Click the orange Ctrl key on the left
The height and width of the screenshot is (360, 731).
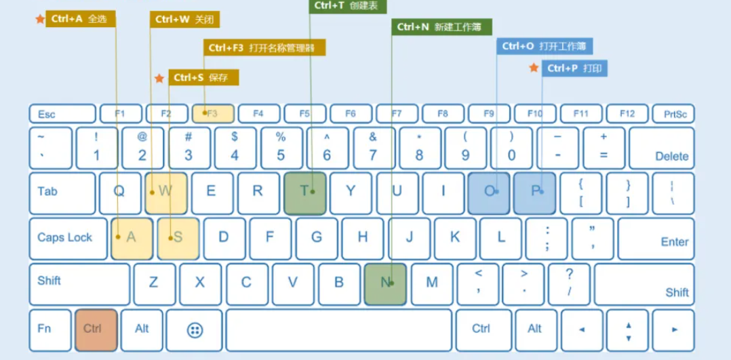click(96, 329)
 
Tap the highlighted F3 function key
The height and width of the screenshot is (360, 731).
click(213, 113)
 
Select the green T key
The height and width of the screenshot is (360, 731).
click(304, 193)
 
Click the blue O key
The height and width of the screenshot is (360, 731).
click(488, 193)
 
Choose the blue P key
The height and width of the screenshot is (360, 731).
click(534, 193)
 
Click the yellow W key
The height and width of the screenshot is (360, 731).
click(165, 193)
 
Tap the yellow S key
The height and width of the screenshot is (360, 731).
click(178, 238)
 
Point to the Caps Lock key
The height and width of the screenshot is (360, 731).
click(67, 238)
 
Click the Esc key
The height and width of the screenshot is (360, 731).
click(62, 114)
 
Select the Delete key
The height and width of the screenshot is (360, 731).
click(661, 148)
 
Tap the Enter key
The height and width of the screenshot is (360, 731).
click(656, 238)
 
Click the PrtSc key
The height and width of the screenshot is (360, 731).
click(673, 114)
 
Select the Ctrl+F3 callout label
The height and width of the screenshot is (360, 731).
click(264, 47)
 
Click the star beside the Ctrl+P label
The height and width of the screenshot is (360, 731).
click(534, 68)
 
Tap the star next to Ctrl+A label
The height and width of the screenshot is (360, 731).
click(39, 19)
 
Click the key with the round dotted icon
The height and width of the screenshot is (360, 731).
click(195, 330)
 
